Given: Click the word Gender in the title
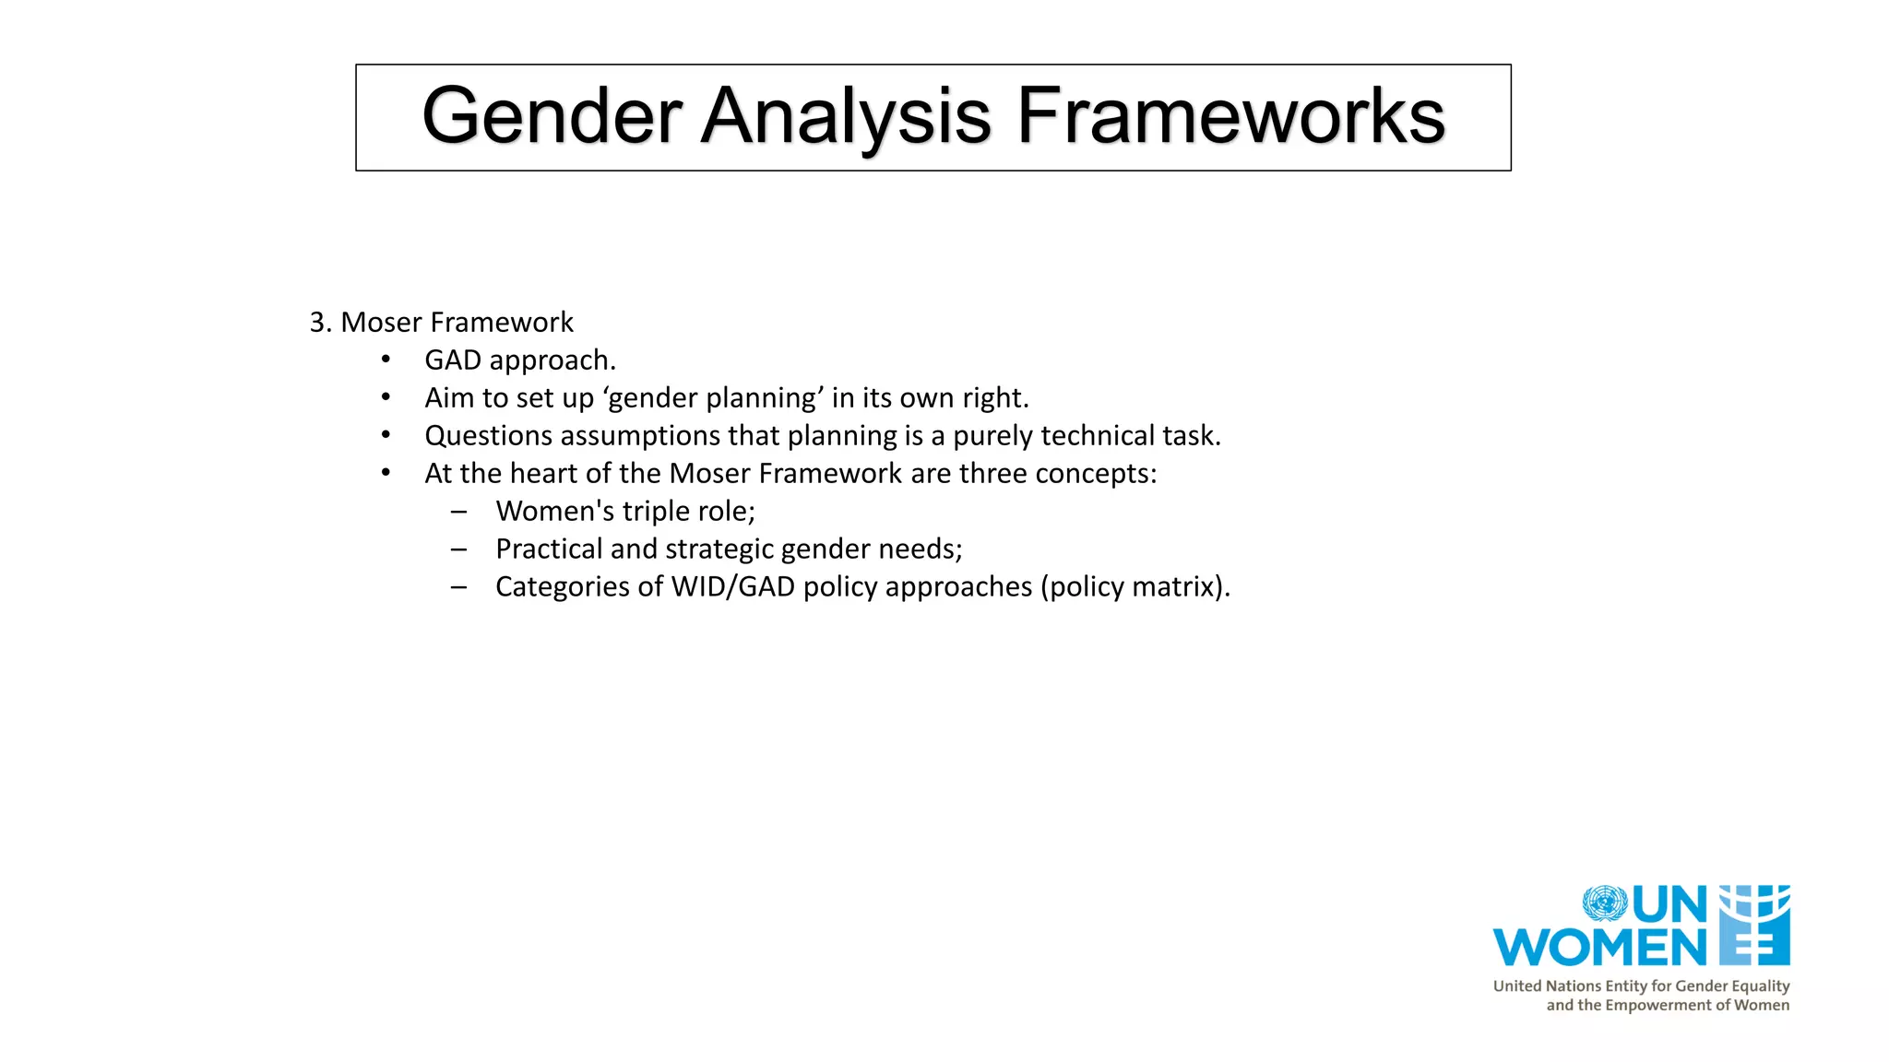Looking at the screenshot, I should pyautogui.click(x=551, y=117).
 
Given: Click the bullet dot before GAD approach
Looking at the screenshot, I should pyautogui.click(x=386, y=360).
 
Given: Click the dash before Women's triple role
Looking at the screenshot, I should pyautogui.click(x=458, y=512).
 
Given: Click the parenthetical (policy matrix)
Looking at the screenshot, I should pyautogui.click(x=1135, y=587).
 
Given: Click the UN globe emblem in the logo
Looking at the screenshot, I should pyautogui.click(x=1605, y=903).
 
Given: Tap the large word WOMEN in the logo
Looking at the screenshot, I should pyautogui.click(x=1599, y=948).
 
